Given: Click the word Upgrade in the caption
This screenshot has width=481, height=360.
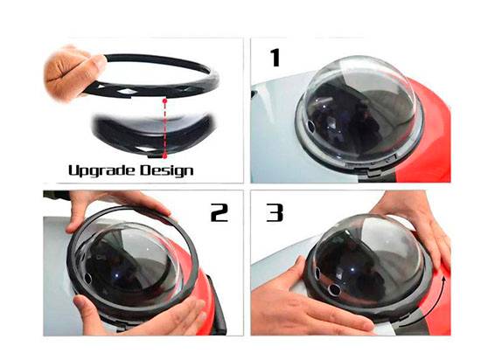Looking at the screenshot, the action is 101,171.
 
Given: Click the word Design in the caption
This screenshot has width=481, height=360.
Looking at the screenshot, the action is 166,170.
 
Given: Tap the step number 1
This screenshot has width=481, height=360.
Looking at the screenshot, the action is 275,58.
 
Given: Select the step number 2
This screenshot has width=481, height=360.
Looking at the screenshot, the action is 220,212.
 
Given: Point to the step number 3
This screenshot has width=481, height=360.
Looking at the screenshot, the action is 275,212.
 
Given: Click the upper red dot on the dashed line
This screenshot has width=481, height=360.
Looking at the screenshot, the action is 165,100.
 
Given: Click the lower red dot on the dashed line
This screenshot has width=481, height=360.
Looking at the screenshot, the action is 164,156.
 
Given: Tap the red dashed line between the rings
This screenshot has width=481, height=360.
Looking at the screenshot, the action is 165,128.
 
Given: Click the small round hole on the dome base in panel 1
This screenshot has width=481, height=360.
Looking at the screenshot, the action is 310,125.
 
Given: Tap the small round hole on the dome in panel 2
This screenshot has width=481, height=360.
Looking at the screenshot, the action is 87,278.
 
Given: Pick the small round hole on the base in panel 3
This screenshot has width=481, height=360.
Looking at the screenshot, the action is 333,288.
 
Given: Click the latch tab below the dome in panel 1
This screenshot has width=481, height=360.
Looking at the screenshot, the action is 376,173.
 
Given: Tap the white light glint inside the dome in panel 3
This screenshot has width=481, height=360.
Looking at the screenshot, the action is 352,270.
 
